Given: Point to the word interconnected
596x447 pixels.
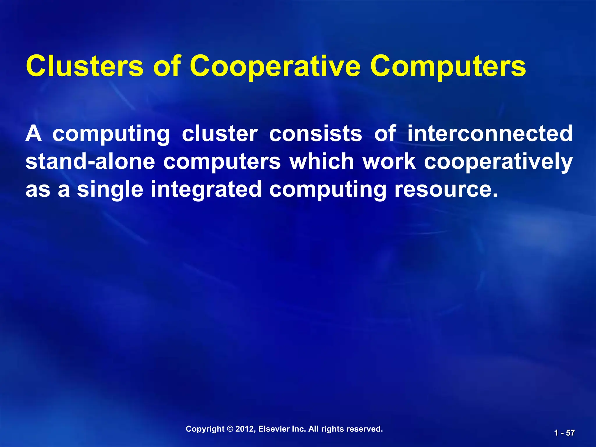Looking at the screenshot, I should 490,134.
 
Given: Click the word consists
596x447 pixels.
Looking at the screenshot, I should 315,134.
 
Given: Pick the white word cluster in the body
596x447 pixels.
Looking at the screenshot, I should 220,134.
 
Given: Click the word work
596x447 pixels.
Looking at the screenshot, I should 389,162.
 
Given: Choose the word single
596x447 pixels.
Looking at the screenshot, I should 110,189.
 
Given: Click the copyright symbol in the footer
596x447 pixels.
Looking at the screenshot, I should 230,429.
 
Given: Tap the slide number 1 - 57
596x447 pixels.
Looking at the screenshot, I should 564,433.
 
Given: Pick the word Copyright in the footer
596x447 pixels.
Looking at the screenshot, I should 205,429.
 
